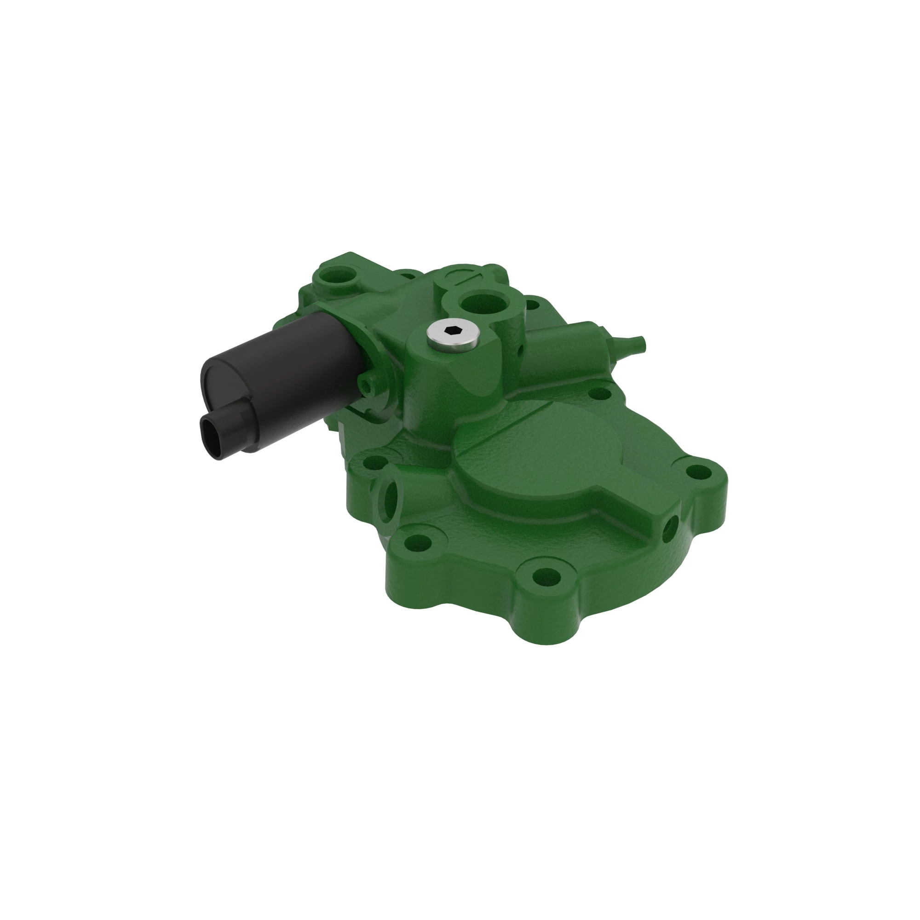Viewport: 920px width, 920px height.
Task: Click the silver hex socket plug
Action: point(452,334)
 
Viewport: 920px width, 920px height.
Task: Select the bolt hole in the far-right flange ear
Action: point(698,472)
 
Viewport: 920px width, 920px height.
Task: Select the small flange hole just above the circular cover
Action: point(599,394)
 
